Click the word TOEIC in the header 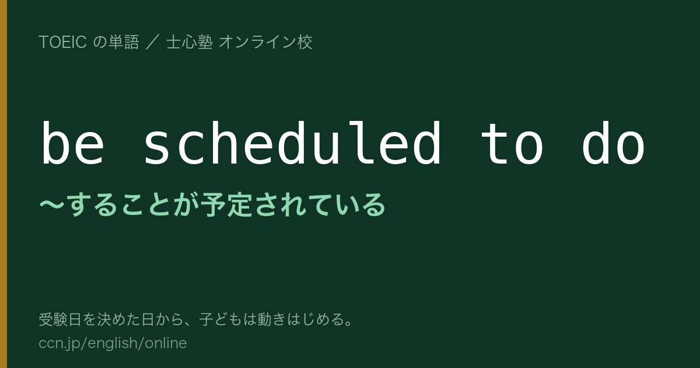pyautogui.click(x=62, y=42)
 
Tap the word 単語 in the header pyautogui.click(x=124, y=42)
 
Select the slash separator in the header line pyautogui.click(x=153, y=42)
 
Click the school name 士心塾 pyautogui.click(x=190, y=42)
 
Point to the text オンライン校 pyautogui.click(x=265, y=42)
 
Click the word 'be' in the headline pyautogui.click(x=73, y=143)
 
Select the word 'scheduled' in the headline pyautogui.click(x=292, y=143)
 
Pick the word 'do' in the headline pyautogui.click(x=614, y=143)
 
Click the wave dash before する pyautogui.click(x=52, y=204)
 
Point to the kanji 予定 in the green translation pyautogui.click(x=226, y=204)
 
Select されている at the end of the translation pyautogui.click(x=320, y=204)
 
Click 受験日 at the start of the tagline pyautogui.click(x=60, y=320)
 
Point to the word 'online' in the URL pyautogui.click(x=166, y=343)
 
